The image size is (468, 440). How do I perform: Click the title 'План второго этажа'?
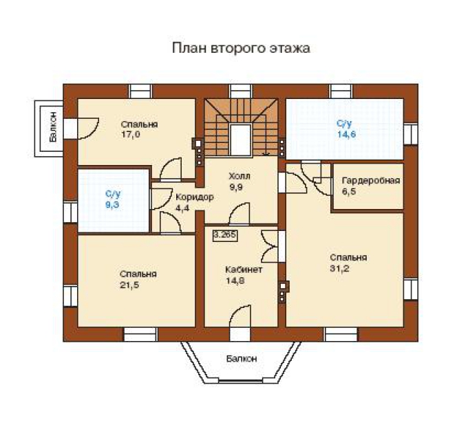pos(241,48)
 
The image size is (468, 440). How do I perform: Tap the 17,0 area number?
pos(131,135)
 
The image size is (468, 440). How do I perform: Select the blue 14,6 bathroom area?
pos(346,134)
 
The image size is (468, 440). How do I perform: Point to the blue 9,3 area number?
pos(112,205)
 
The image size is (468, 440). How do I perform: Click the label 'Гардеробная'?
pos(371,181)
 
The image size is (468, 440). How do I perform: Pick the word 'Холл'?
pos(240,177)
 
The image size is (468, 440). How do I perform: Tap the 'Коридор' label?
pos(195,197)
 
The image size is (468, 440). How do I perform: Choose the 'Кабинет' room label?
pos(244,269)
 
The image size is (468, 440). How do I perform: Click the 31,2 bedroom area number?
pos(340,268)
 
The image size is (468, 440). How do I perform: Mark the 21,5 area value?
pos(129,285)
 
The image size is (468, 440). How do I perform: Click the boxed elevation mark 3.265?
pos(225,235)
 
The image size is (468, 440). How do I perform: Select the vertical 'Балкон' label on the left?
pos(53,127)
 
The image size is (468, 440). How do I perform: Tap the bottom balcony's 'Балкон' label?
pos(242,358)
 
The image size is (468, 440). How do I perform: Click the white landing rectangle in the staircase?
pos(240,140)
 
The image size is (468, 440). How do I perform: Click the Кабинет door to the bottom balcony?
pos(240,322)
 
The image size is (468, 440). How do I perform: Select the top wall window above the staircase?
pos(241,91)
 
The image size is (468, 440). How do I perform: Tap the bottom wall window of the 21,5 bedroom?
pos(140,335)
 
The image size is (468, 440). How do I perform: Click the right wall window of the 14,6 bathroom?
pos(411,133)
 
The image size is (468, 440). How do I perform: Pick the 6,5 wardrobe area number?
pos(349,191)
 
